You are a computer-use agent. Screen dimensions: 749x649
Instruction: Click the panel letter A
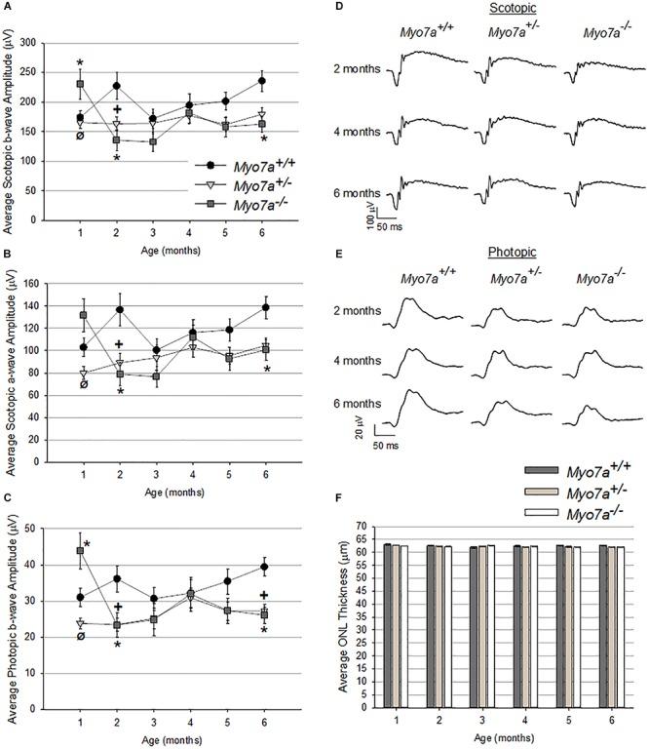coord(7,8)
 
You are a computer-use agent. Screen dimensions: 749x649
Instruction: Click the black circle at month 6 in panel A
coord(262,81)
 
